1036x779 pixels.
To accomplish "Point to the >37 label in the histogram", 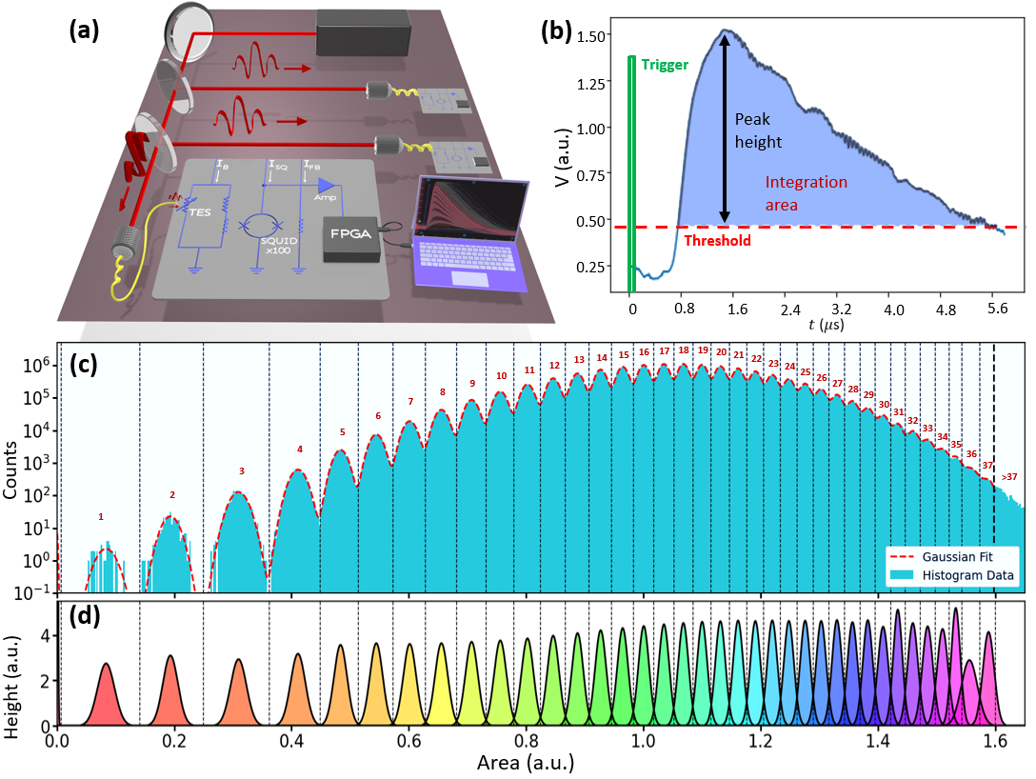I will [1009, 476].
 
